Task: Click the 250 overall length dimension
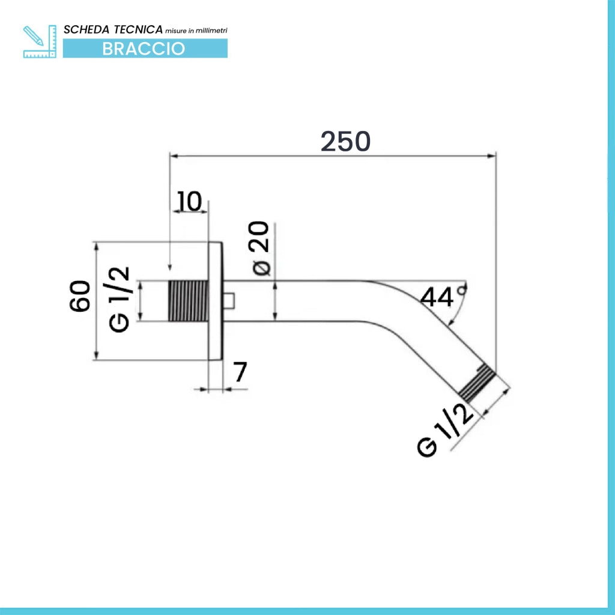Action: point(345,141)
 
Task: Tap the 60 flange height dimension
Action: point(80,296)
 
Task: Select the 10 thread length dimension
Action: point(190,201)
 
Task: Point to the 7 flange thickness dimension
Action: point(240,372)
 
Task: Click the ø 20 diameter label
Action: point(259,248)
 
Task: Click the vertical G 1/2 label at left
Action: point(119,300)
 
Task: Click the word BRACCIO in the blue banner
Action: point(144,49)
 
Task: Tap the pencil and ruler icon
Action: point(40,41)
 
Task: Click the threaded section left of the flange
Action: point(188,301)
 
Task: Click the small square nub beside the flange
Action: point(229,301)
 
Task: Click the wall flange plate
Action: point(215,301)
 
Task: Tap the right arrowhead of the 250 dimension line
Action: point(491,156)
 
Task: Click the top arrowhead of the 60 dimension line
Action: point(96,247)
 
